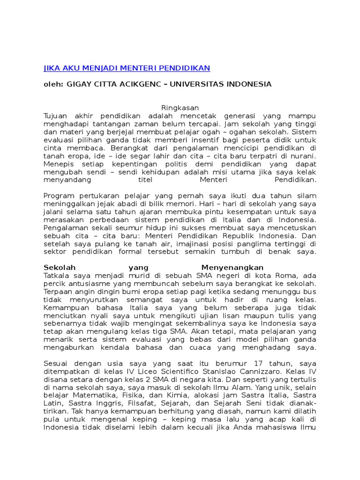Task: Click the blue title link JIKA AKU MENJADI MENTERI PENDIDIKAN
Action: click(127, 68)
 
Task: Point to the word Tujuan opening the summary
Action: click(56, 116)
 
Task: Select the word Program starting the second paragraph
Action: click(58, 196)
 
